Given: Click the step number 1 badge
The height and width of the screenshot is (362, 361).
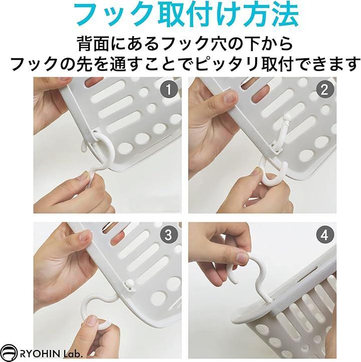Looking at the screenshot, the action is click(168, 89).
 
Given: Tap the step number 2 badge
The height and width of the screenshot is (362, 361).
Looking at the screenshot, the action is click(324, 89).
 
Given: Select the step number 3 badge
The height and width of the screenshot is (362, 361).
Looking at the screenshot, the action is click(168, 235).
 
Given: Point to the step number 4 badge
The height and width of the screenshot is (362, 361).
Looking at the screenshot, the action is click(324, 235).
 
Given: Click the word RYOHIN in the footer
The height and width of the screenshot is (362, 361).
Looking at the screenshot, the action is click(40, 353).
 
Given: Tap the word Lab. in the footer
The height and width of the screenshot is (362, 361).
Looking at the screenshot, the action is click(73, 353).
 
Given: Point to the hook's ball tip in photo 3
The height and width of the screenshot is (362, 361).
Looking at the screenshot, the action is click(129, 283).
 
